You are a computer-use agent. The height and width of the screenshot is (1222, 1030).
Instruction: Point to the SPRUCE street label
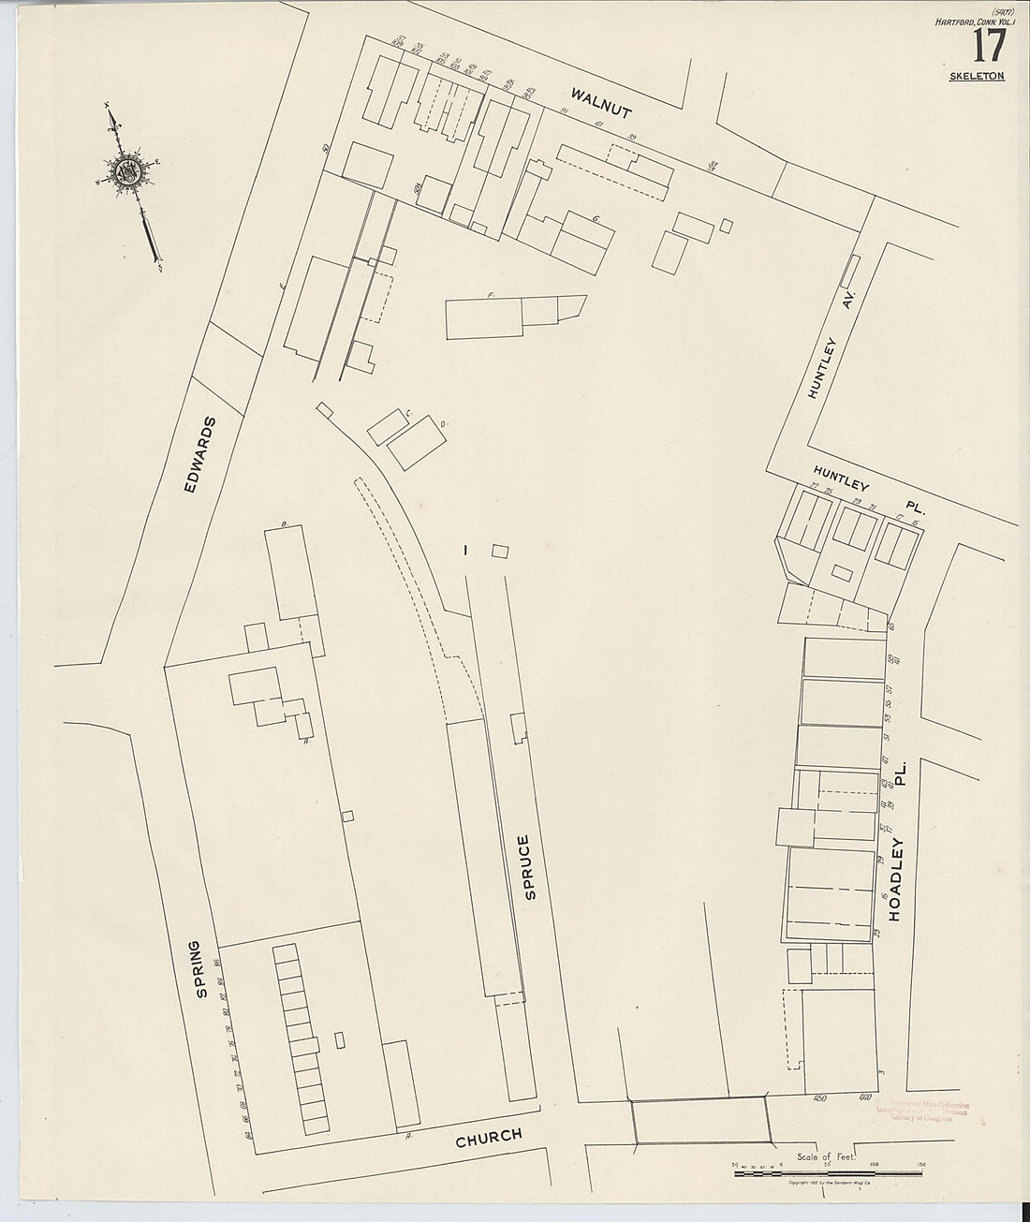pyautogui.click(x=530, y=866)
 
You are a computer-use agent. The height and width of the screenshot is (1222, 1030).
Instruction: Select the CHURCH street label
pyautogui.click(x=488, y=1139)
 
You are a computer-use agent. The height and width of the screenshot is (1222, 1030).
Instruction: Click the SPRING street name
pyautogui.click(x=199, y=969)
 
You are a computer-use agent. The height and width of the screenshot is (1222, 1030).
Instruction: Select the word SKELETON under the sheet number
pyautogui.click(x=977, y=76)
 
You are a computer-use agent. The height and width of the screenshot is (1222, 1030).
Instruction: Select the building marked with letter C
pyautogui.click(x=388, y=426)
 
